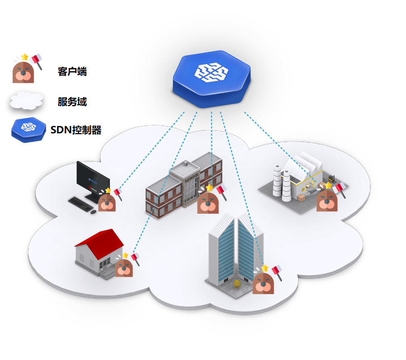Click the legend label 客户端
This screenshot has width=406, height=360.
point(72,72)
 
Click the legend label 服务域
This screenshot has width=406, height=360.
point(72,102)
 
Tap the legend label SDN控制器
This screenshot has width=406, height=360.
point(76,130)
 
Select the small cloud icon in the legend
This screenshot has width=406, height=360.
point(26,101)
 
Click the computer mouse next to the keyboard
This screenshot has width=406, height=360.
point(94,211)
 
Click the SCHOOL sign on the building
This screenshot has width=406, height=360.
point(191,177)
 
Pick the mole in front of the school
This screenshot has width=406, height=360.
point(208,202)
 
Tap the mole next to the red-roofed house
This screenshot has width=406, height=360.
point(124,267)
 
